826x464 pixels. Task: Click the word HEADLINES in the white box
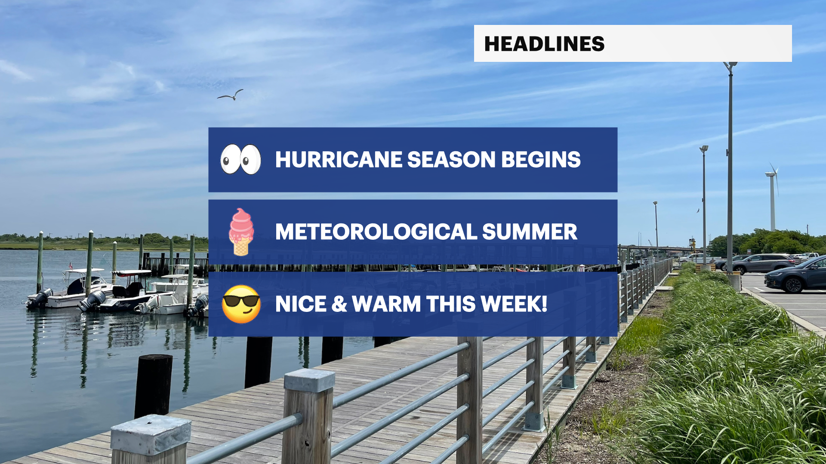point(544,44)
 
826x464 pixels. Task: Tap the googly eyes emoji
point(241,159)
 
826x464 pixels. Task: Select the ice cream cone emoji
point(241,232)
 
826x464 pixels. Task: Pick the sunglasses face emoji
point(241,304)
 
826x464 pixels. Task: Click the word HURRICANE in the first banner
point(339,159)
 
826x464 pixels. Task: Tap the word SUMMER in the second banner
point(530,232)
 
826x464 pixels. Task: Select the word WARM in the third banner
point(386,304)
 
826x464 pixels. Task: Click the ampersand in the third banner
point(339,304)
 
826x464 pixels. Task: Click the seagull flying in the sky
point(231,95)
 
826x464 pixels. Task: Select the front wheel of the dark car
point(793,285)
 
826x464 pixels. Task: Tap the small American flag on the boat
point(71,266)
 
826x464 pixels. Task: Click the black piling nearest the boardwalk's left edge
point(153,386)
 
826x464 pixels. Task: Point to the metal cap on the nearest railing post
point(151,434)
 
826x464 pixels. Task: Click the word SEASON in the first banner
point(452,159)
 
